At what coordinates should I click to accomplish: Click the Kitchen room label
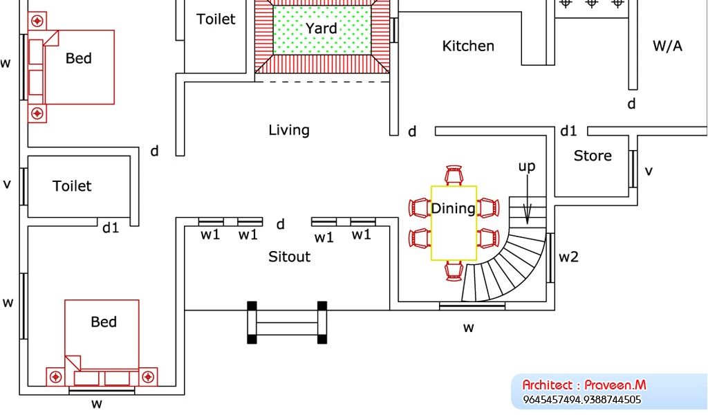[x=468, y=46]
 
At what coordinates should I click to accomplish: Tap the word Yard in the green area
[x=322, y=28]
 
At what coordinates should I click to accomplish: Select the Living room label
[x=289, y=130]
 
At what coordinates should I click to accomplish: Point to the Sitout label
[x=289, y=257]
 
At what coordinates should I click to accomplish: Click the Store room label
[x=593, y=156]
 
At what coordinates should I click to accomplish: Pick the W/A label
[x=667, y=46]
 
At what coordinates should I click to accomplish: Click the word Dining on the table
[x=453, y=208]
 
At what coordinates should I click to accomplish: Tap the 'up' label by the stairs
[x=527, y=167]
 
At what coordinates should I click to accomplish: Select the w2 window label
[x=568, y=257]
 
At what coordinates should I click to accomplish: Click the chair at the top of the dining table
[x=454, y=176]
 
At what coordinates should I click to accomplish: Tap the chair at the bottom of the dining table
[x=454, y=270]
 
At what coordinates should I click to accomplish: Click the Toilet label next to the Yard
[x=216, y=19]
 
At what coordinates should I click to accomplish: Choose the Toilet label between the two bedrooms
[x=72, y=186]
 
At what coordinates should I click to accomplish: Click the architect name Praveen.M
[x=615, y=385]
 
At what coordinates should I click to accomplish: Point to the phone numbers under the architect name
[x=581, y=400]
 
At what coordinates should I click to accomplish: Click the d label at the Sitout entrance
[x=281, y=224]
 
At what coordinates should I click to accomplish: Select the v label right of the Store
[x=649, y=171]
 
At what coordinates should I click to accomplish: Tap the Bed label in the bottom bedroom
[x=104, y=322]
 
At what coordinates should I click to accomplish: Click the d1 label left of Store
[x=568, y=131]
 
